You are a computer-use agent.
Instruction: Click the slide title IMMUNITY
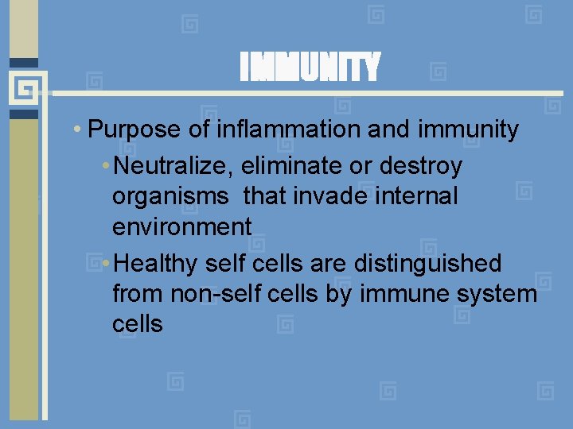310,68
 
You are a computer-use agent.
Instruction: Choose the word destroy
421,167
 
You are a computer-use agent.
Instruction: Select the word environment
182,226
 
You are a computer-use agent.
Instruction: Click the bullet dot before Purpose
75,129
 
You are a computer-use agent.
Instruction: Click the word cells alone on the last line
138,323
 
